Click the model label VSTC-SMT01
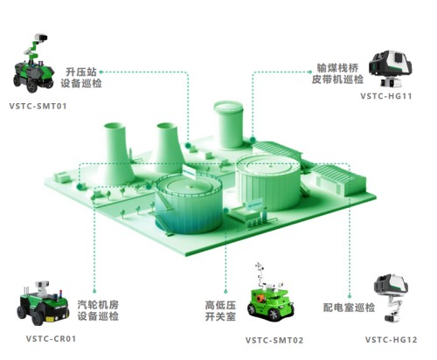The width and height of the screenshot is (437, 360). click(38, 106)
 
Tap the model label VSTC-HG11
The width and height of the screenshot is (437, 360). click(386, 96)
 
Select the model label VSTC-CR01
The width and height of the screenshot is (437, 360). click(51, 339)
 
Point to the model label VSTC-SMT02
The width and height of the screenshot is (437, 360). click(274, 340)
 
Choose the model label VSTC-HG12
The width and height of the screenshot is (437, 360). click(392, 340)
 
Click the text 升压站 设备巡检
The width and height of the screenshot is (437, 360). click(81, 78)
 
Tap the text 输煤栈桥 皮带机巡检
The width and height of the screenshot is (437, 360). click(337, 73)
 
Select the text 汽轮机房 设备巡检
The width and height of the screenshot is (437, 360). click(98, 310)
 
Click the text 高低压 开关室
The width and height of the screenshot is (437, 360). click(220, 311)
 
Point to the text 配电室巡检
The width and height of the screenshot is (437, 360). click(349, 308)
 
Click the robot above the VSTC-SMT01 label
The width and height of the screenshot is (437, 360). click(33, 63)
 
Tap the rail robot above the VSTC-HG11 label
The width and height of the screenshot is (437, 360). click(390, 69)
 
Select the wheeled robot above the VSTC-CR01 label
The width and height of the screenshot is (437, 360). click(44, 303)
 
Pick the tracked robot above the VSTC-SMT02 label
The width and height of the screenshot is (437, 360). click(270, 294)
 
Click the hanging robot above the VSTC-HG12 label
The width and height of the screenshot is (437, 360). click(392, 297)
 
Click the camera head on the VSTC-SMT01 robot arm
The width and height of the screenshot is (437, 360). click(41, 38)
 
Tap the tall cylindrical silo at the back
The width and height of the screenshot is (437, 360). click(228, 125)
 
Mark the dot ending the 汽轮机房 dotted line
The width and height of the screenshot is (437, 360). click(94, 291)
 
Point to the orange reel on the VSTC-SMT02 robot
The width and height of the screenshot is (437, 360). click(260, 299)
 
